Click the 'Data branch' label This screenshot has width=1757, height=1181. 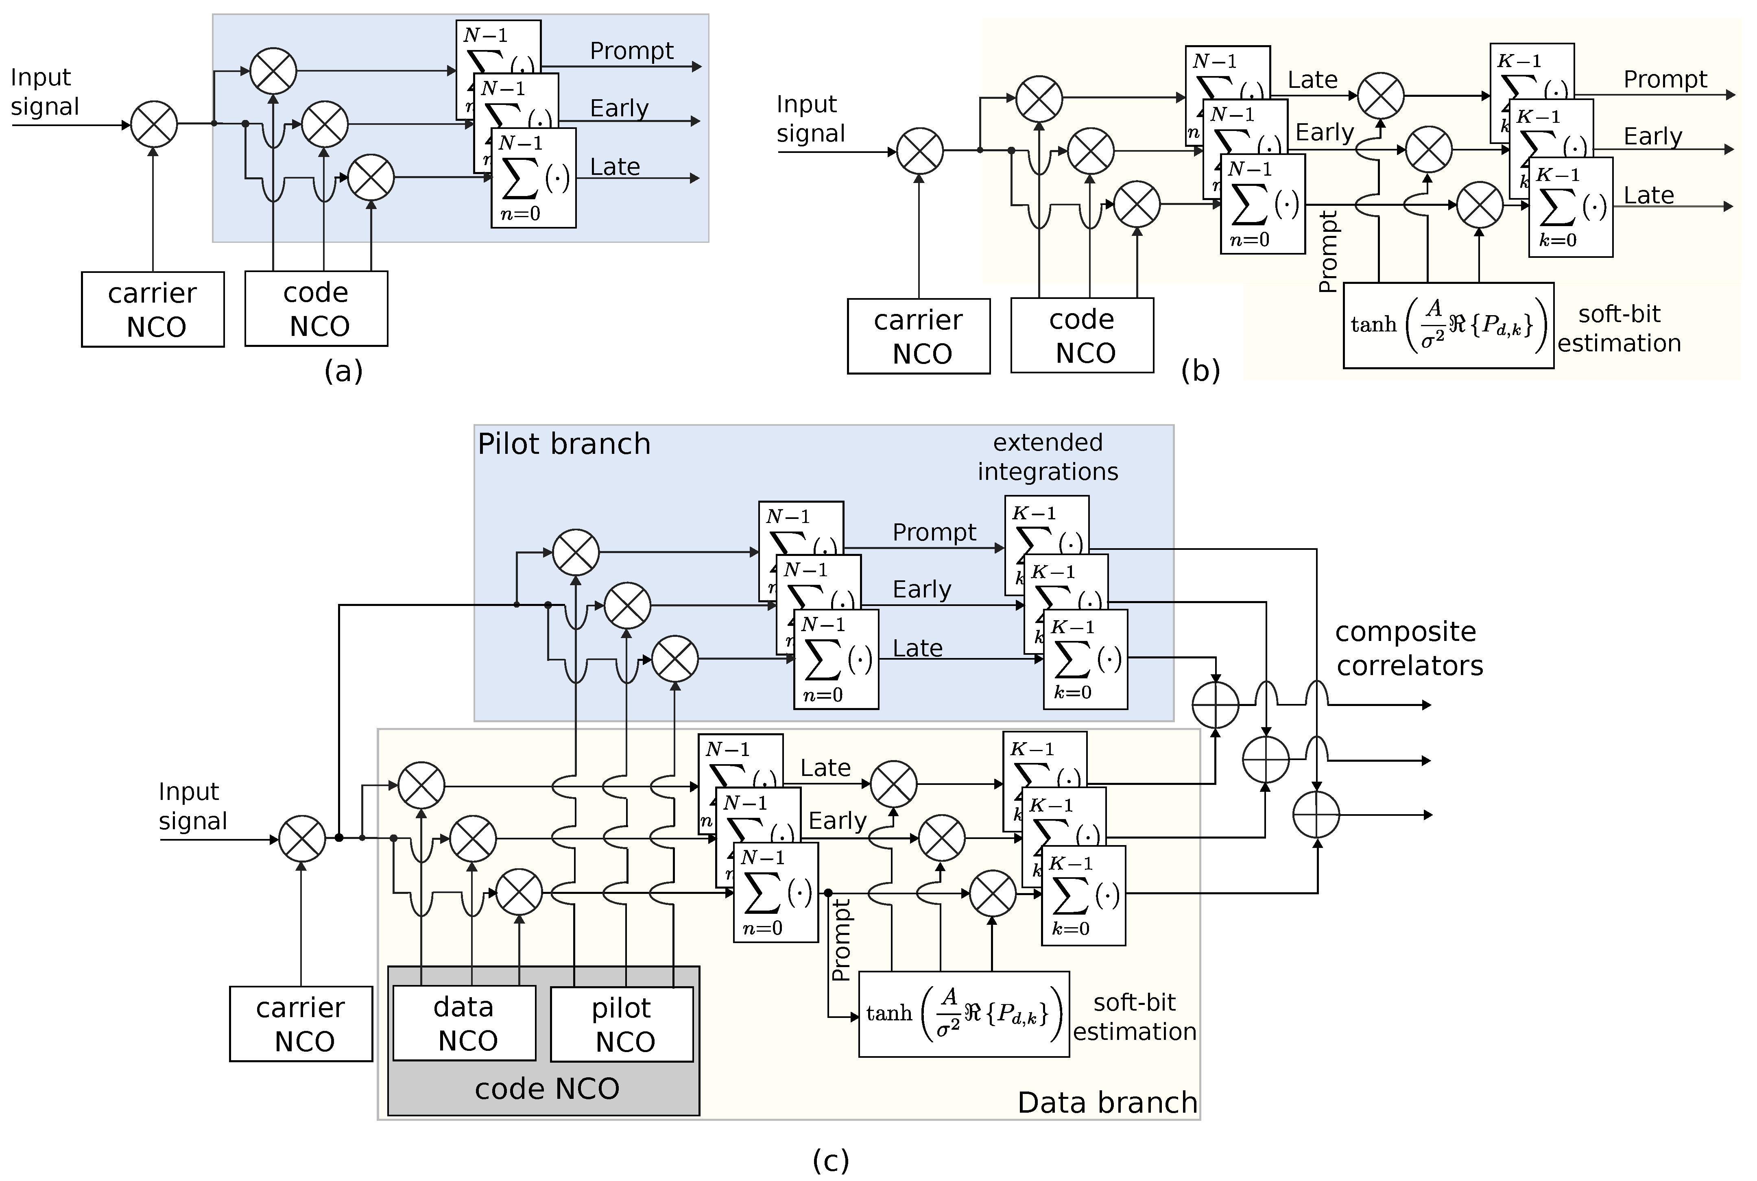click(x=1107, y=1102)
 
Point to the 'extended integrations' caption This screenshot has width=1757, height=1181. click(x=1047, y=456)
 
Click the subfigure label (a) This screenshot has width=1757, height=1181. click(x=344, y=370)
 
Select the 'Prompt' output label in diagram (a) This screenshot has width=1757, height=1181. click(x=631, y=50)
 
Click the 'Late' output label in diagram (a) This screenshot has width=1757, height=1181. click(x=615, y=166)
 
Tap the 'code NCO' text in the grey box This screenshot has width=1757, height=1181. click(x=547, y=1088)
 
